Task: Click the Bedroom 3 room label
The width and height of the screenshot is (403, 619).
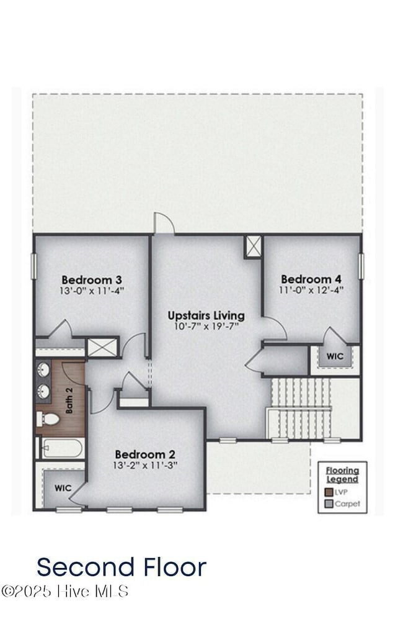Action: [x=92, y=279]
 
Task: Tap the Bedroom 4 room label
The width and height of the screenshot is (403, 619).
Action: [x=311, y=279]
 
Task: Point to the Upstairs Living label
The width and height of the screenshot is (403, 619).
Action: [x=206, y=315]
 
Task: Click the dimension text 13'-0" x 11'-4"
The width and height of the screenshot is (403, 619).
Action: [x=92, y=290]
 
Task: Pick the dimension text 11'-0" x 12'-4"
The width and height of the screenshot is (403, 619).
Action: [x=311, y=289]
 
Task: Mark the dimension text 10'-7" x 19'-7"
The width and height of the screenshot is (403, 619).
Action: [x=206, y=326]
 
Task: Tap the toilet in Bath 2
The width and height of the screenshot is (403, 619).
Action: [x=48, y=420]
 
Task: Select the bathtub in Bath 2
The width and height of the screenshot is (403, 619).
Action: [x=62, y=448]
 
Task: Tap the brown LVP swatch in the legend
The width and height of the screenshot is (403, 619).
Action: [x=329, y=492]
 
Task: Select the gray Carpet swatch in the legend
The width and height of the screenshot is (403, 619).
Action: [x=329, y=504]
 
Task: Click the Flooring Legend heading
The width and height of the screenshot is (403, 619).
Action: [x=342, y=475]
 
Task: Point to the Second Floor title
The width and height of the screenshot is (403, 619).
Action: [x=121, y=567]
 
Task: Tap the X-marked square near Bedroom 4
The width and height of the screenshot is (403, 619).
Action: [x=252, y=246]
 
